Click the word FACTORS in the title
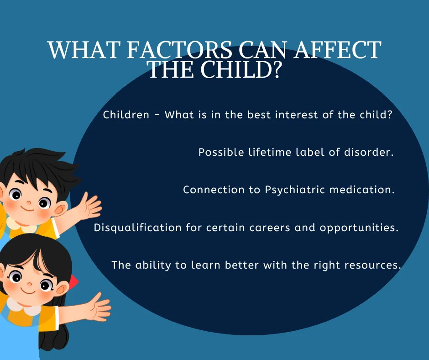pos(179,50)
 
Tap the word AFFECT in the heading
pos(338,50)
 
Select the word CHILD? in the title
pos(241,69)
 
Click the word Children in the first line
pos(126,115)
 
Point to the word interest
pos(296,115)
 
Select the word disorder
pos(369,152)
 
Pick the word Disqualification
pos(138,228)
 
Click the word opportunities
pos(359,228)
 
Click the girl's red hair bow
pos(73,282)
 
